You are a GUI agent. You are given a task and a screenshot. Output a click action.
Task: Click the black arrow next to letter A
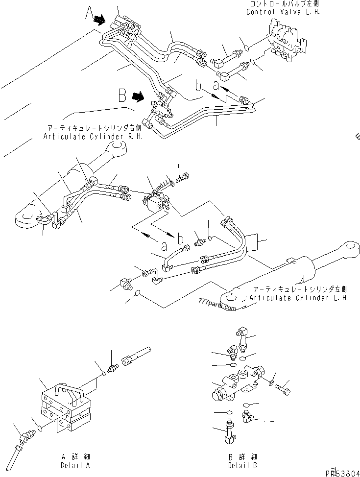click(x=100, y=20)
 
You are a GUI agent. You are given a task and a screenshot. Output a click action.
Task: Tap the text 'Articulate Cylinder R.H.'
click(x=93, y=137)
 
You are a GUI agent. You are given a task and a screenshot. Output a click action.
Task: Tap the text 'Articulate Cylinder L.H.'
click(x=298, y=297)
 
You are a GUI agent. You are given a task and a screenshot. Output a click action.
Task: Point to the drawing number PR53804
click(x=343, y=472)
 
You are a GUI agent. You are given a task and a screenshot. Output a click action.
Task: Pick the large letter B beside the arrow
click(x=122, y=94)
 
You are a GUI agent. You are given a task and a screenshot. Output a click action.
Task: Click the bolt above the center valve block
click(x=182, y=177)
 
